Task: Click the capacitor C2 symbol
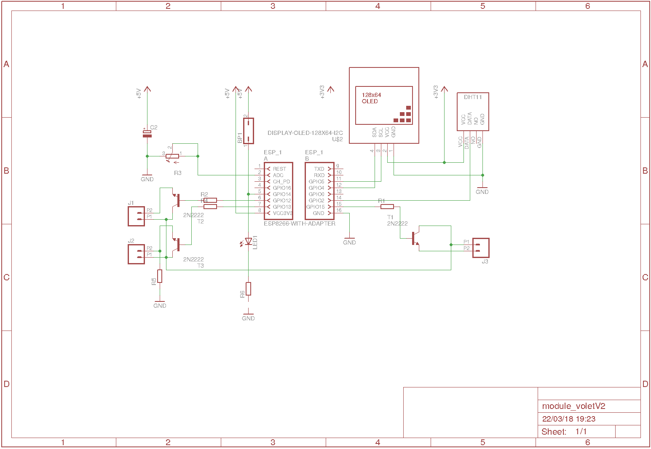click(x=147, y=134)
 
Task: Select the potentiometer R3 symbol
click(x=172, y=156)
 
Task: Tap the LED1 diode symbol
click(x=248, y=242)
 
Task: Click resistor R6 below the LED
click(x=248, y=289)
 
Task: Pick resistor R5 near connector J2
click(x=160, y=276)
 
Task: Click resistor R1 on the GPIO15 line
click(x=387, y=207)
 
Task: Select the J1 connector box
click(x=136, y=216)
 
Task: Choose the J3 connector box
click(x=481, y=248)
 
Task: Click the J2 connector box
click(x=136, y=254)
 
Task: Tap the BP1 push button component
click(x=249, y=131)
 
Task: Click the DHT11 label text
click(x=473, y=97)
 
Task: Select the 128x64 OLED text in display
click(x=371, y=98)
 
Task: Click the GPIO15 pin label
click(x=316, y=207)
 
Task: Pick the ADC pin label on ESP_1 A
click(x=278, y=175)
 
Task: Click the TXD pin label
click(x=319, y=169)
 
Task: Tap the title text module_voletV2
click(x=573, y=406)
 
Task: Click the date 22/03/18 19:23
click(x=568, y=419)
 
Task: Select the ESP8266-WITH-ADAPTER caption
click(x=300, y=223)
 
